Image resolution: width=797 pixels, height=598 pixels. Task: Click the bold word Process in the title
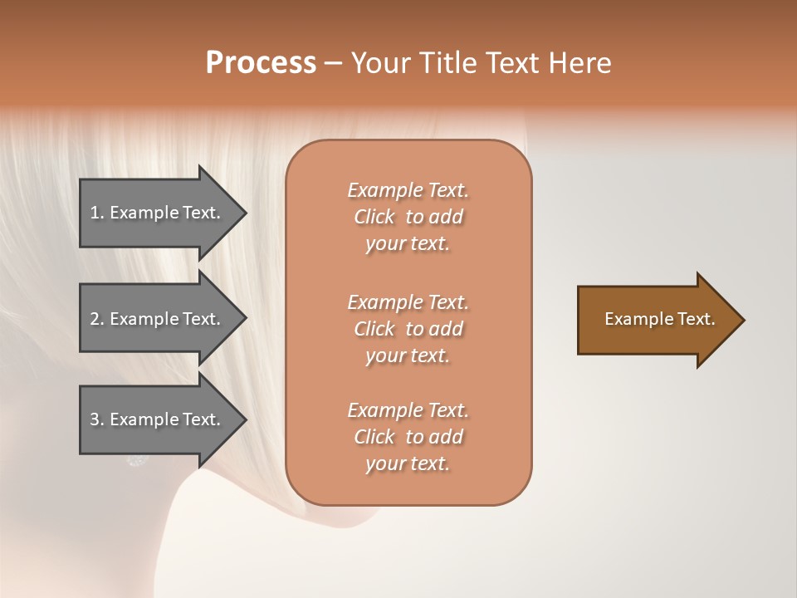click(261, 63)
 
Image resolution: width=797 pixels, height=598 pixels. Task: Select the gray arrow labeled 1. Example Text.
click(158, 213)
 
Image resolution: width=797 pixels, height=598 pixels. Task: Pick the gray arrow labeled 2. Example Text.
click(158, 319)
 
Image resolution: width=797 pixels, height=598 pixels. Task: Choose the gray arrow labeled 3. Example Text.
click(158, 419)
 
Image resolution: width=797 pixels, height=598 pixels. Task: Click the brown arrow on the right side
click(656, 320)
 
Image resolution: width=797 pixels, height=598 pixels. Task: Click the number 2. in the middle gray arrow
click(97, 319)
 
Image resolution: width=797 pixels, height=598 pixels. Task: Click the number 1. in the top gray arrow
click(97, 213)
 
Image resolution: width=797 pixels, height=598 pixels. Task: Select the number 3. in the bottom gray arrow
click(97, 419)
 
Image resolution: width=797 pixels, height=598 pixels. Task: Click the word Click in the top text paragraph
click(374, 218)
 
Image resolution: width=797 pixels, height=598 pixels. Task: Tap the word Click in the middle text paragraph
click(374, 329)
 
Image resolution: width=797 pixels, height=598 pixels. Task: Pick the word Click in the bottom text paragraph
click(374, 437)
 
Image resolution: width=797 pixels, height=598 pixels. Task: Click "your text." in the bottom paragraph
click(408, 464)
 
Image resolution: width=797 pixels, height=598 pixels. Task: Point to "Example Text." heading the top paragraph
click(408, 190)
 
